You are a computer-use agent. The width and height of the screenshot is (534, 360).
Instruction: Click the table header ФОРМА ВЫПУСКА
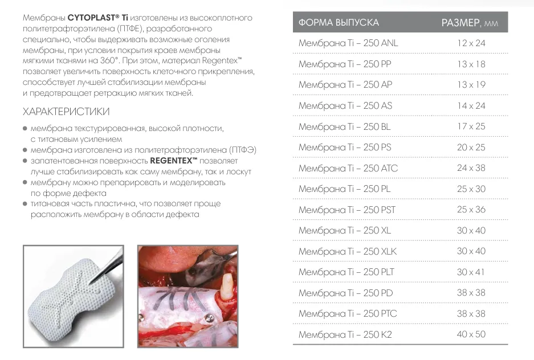(x=339, y=23)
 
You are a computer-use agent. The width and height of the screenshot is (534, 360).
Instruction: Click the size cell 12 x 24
(x=471, y=43)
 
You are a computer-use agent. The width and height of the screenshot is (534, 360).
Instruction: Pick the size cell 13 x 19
(x=471, y=85)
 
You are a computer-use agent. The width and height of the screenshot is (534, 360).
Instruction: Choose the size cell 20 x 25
(x=471, y=147)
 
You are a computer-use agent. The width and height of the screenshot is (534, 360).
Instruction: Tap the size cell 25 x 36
(x=471, y=210)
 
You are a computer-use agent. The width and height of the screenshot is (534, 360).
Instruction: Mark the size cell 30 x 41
(x=471, y=272)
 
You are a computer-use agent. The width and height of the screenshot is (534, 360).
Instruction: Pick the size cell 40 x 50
(x=471, y=334)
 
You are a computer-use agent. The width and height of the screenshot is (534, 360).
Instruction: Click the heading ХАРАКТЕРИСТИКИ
(x=66, y=111)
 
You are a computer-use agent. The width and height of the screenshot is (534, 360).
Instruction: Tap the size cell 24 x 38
(x=471, y=168)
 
